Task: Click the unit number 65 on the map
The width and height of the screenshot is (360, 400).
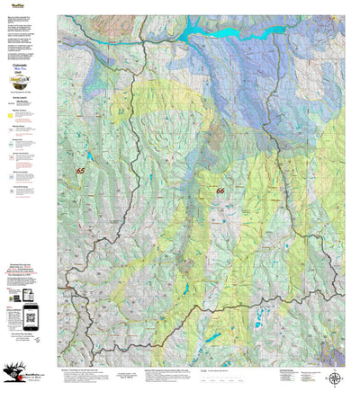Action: point(81,170)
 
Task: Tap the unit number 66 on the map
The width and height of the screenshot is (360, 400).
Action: point(220,191)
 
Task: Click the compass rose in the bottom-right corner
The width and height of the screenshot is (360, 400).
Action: point(334,378)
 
